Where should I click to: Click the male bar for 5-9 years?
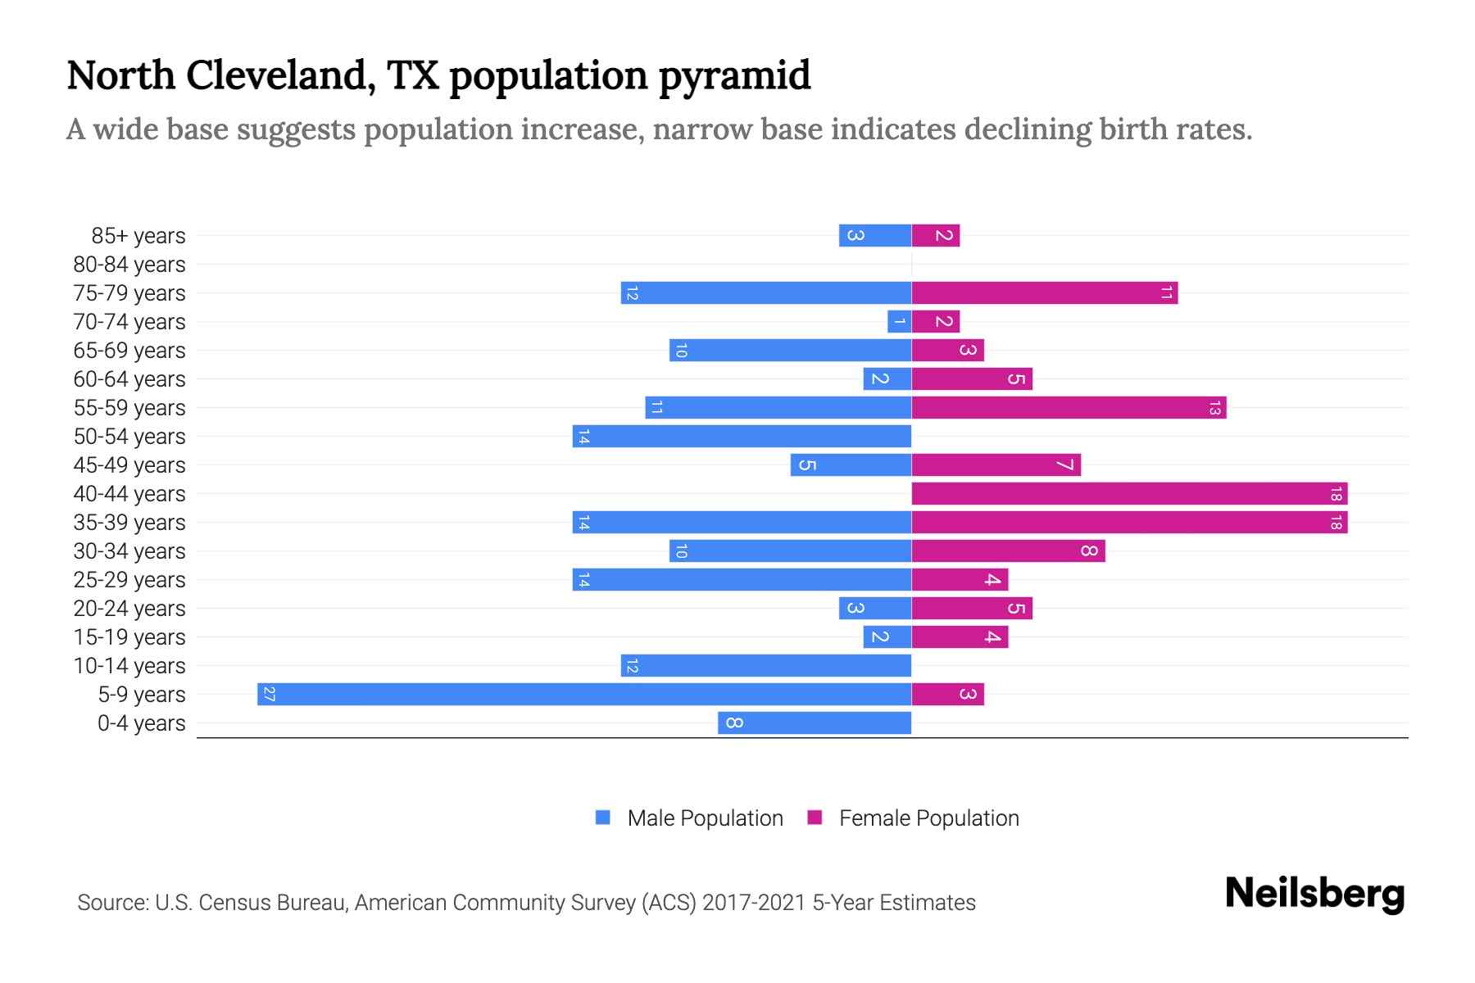[x=583, y=695]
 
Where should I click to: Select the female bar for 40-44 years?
[x=1129, y=494]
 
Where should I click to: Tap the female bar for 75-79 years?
[x=1044, y=293]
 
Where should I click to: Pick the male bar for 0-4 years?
[x=815, y=723]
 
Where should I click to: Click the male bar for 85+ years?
[x=874, y=236]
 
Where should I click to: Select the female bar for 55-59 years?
[x=1069, y=408]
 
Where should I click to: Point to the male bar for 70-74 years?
[x=899, y=322]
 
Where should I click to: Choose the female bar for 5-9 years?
[x=947, y=695]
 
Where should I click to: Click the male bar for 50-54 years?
[x=742, y=437]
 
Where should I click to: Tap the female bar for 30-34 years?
[x=1008, y=551]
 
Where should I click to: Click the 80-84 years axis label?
[x=129, y=265]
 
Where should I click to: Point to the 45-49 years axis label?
[x=129, y=465]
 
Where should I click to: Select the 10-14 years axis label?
[x=129, y=666]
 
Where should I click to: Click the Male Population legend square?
[x=603, y=818]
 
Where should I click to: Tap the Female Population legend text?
[x=928, y=818]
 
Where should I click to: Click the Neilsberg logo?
[x=1314, y=894]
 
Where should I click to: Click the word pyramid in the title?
[x=734, y=75]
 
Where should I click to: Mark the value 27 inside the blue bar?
[x=269, y=695]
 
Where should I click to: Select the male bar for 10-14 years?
[x=765, y=666]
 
